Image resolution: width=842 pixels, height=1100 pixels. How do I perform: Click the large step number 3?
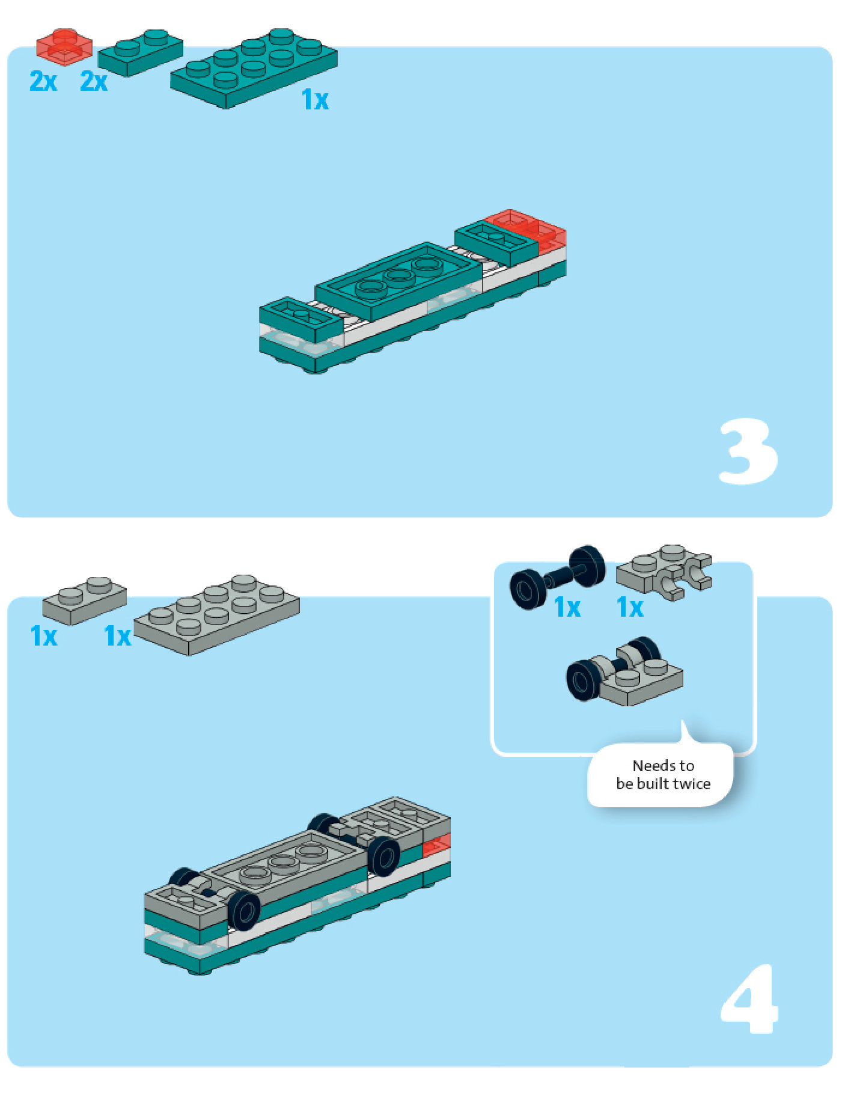pos(748,452)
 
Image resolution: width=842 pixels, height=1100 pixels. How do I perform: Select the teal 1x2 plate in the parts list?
pos(141,52)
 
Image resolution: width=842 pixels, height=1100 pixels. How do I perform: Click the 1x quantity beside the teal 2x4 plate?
pos(315,100)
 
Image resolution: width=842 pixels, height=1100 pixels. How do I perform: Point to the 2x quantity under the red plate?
pos(43,81)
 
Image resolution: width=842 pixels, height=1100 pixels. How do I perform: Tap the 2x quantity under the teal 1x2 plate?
pos(94,81)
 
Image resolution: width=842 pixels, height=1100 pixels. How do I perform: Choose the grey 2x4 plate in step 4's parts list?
pos(216,615)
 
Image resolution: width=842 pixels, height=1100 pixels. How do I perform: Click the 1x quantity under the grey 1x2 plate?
pos(44,636)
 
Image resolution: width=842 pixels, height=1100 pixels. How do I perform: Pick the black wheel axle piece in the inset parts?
pos(557,577)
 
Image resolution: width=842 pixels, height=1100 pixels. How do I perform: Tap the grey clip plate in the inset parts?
pos(663,572)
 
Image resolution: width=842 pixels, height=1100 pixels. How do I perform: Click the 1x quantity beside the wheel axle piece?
pos(567,607)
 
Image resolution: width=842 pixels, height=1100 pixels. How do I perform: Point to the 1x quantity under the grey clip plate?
pos(630,607)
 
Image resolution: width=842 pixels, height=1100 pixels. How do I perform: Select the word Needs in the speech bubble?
pos(647,766)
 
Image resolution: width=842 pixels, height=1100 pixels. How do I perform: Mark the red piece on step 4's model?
pos(436,845)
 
